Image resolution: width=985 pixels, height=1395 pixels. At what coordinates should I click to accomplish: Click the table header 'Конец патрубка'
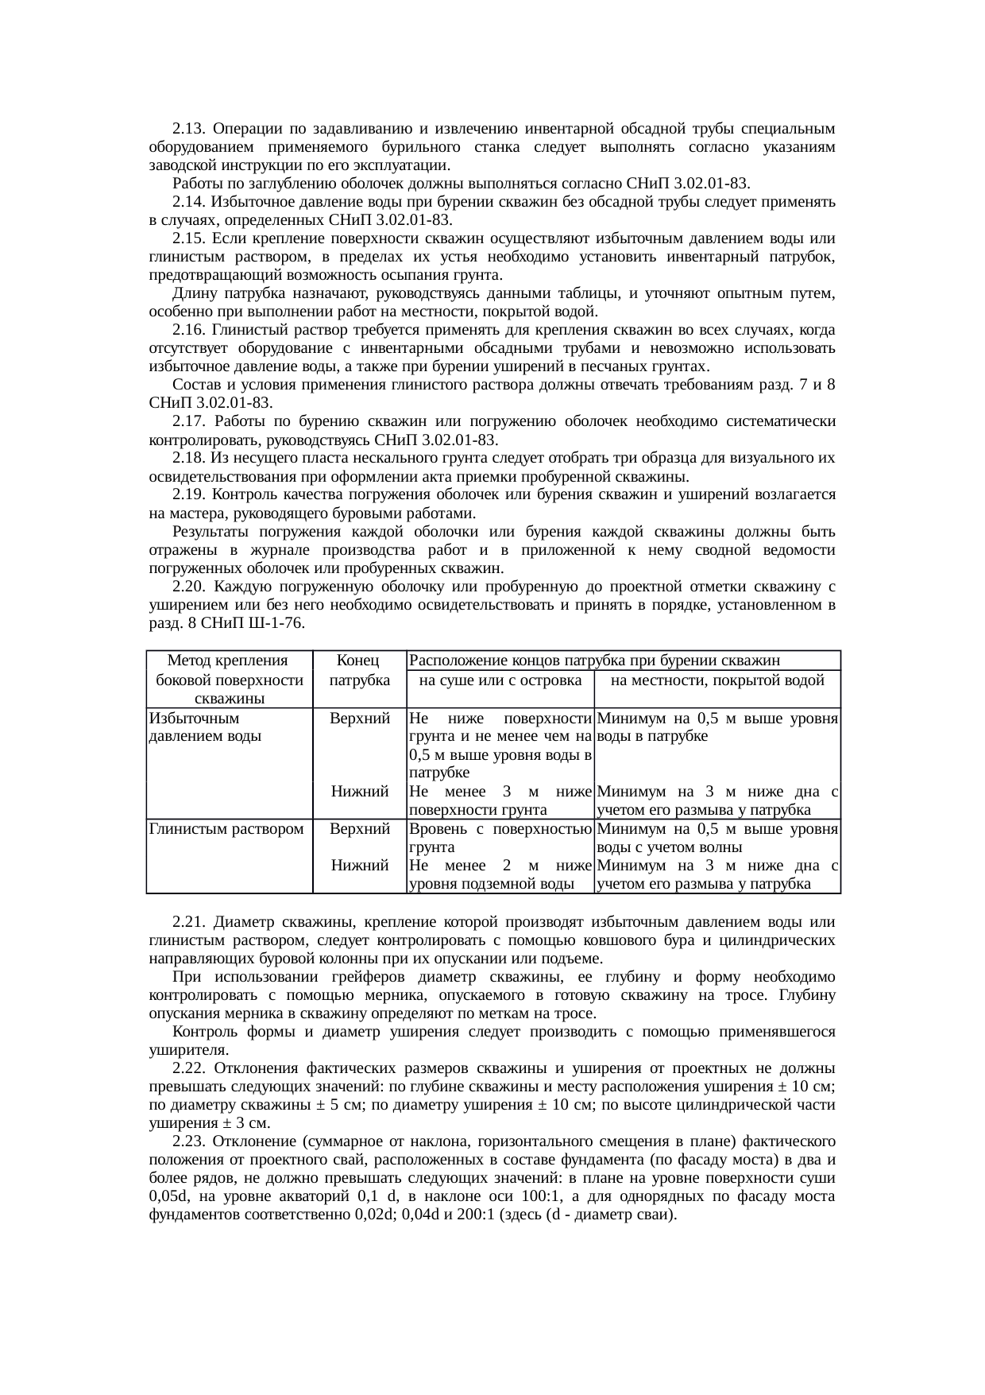(x=359, y=671)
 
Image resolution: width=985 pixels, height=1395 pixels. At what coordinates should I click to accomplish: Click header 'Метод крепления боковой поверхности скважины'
(x=230, y=680)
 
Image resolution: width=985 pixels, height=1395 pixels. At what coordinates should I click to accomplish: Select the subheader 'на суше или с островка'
(x=500, y=680)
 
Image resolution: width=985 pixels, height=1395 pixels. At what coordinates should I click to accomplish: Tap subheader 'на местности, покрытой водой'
(x=717, y=680)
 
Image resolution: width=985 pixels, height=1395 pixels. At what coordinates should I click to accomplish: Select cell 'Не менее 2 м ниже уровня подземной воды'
(x=500, y=874)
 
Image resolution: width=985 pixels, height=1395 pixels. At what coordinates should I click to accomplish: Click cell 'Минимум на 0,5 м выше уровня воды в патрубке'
(x=717, y=727)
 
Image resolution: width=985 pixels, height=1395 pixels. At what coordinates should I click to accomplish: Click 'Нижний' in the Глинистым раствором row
(x=359, y=866)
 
